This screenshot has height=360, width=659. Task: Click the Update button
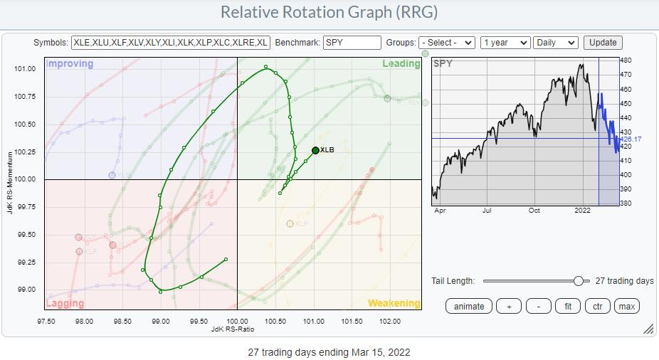(x=603, y=43)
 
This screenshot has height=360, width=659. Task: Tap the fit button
(x=566, y=306)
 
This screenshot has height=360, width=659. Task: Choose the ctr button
(x=596, y=306)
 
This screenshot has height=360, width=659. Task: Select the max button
(x=626, y=306)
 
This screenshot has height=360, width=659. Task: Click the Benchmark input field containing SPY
(x=352, y=43)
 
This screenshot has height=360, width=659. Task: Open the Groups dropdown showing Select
(x=447, y=43)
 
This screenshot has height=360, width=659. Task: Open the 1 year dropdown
(x=505, y=43)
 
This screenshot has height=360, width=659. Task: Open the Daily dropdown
(x=555, y=43)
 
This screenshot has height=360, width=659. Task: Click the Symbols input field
(x=170, y=43)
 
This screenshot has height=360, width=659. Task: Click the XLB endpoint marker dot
(x=315, y=150)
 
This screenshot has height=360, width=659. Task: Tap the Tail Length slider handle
(x=579, y=281)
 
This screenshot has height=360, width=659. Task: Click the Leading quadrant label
(x=401, y=63)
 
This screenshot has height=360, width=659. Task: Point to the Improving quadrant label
(x=70, y=63)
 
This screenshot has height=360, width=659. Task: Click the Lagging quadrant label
(x=65, y=304)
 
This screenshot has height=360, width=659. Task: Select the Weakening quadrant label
(x=394, y=304)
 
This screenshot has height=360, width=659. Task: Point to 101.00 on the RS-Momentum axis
(x=26, y=69)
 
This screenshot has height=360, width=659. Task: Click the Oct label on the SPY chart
(x=534, y=211)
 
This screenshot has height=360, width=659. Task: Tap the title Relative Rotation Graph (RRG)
(x=329, y=13)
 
